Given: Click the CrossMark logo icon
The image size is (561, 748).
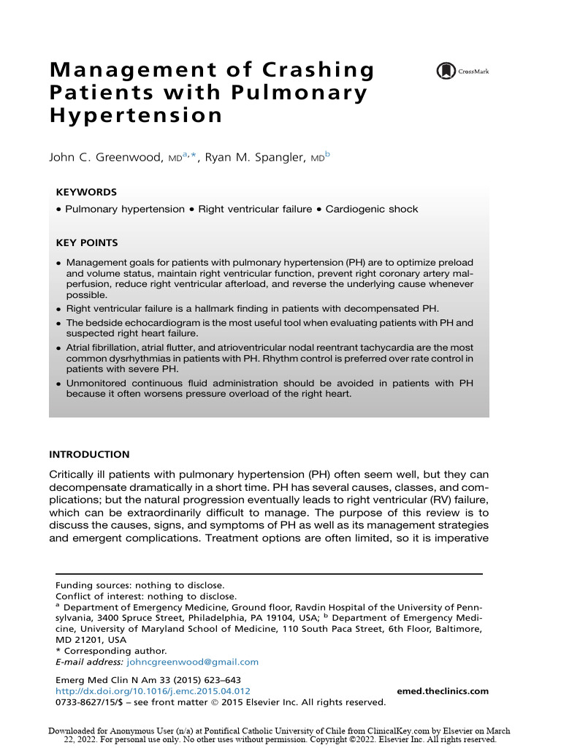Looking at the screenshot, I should (x=445, y=71).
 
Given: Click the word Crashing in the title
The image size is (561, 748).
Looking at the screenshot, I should (x=322, y=71).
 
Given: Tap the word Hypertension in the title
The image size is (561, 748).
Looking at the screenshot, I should (x=136, y=115).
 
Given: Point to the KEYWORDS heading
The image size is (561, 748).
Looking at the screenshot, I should (x=86, y=192).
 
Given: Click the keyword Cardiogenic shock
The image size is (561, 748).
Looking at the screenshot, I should (x=372, y=209).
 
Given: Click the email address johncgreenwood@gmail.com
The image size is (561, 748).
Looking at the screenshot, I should (x=193, y=662).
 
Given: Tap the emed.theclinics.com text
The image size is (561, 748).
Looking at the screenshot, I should (x=443, y=691).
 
